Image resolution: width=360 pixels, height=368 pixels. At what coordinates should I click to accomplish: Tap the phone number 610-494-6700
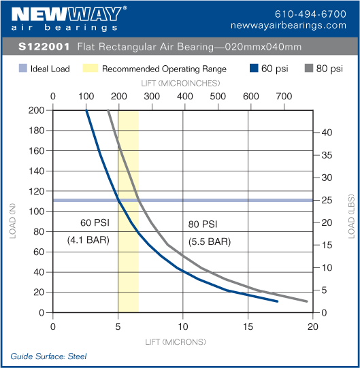pyautogui.click(x=310, y=14)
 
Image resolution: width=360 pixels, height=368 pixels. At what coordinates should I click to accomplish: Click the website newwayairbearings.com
pyautogui.click(x=299, y=25)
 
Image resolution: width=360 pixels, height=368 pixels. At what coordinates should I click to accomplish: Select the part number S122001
pyautogui.click(x=43, y=48)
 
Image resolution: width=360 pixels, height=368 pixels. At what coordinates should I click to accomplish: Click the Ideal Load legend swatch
pyautogui.click(x=22, y=69)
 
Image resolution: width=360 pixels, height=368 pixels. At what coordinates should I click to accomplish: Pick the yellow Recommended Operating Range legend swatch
pyautogui.click(x=90, y=69)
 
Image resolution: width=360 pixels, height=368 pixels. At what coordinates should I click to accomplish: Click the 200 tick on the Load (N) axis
pyautogui.click(x=36, y=110)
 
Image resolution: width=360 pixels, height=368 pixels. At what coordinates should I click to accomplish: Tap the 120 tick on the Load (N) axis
pyautogui.click(x=36, y=191)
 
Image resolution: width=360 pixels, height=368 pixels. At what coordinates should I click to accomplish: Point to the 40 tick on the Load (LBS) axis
pyautogui.click(x=326, y=132)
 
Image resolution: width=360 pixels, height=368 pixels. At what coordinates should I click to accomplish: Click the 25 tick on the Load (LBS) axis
pyautogui.click(x=326, y=200)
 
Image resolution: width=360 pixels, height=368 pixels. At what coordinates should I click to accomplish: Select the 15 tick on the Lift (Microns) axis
pyautogui.click(x=248, y=325)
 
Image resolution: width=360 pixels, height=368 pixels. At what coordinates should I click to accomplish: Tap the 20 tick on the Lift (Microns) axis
pyautogui.click(x=312, y=325)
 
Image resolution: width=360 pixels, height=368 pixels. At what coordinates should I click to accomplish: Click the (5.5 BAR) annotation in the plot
pyautogui.click(x=210, y=241)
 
